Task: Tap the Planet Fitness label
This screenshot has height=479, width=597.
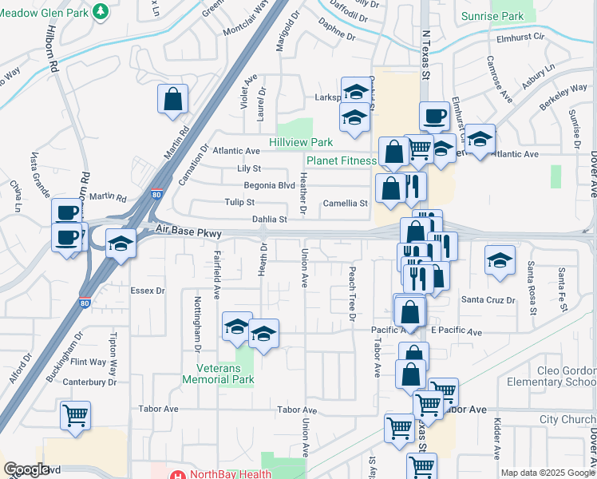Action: click(341, 160)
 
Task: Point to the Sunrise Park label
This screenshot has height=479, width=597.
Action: click(492, 16)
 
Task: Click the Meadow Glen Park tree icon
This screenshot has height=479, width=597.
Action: click(101, 10)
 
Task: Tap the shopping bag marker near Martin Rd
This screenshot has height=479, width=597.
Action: click(172, 100)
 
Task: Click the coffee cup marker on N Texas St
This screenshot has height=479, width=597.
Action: click(434, 117)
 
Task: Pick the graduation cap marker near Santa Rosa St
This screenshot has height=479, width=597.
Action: click(500, 260)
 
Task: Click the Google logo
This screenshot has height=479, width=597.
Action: click(26, 469)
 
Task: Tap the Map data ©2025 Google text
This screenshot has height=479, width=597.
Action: click(548, 473)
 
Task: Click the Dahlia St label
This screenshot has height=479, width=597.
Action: click(269, 219)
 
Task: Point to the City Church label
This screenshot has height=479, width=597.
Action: click(567, 419)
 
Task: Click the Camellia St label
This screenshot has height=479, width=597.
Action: click(345, 203)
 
